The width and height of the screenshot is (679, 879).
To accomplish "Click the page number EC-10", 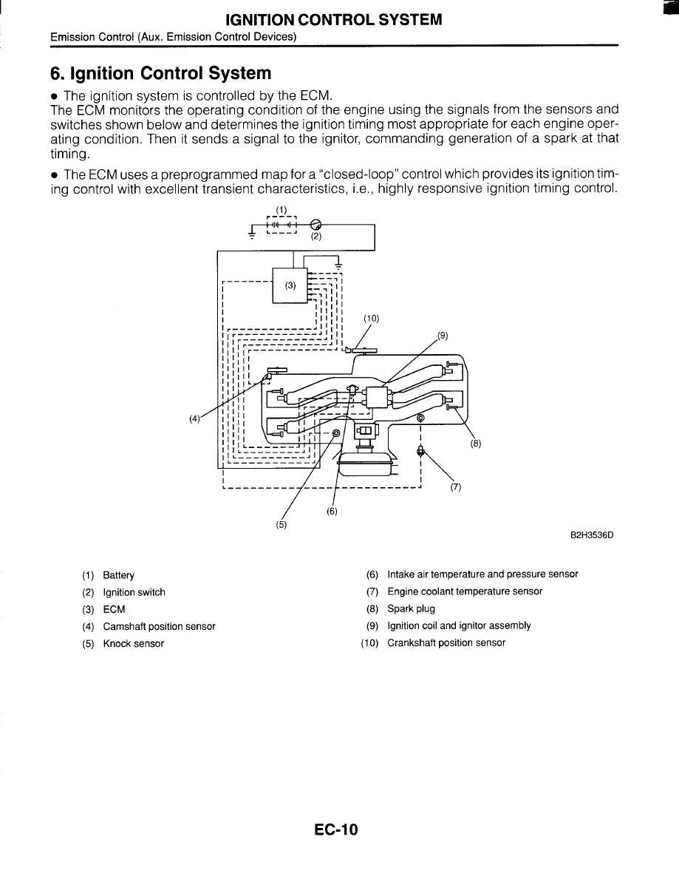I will point(335,829).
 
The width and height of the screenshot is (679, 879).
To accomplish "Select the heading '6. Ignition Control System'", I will point(161,73).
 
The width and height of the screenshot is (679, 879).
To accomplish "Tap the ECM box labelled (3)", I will point(290,286).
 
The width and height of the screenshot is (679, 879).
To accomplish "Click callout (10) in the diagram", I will point(371,319).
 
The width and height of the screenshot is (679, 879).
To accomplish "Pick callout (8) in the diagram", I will point(475,444).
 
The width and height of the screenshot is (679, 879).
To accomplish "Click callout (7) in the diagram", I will point(455,487).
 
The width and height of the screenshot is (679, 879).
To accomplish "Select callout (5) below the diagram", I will point(281,525).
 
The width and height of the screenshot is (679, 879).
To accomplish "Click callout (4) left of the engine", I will point(194,418).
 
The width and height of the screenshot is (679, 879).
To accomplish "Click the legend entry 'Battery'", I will point(118,575).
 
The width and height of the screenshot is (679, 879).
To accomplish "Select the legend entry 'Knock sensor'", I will point(133,643).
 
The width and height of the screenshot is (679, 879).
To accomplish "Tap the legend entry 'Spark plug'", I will point(411,609).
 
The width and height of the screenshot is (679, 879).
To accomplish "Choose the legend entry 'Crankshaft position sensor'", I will point(446,643).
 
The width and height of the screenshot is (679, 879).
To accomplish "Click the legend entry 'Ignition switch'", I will point(134,592).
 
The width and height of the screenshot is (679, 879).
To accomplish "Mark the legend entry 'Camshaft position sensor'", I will point(159,626).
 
